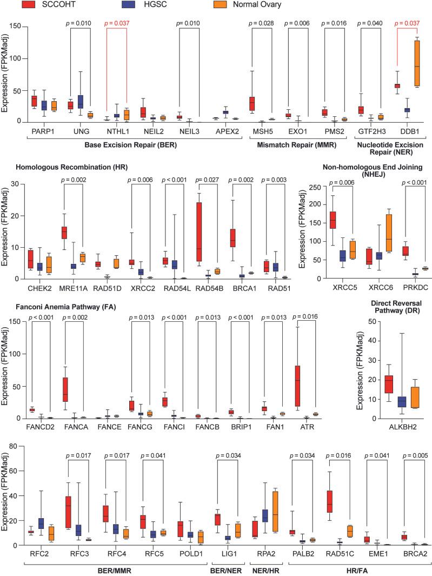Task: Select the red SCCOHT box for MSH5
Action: (x=251, y=103)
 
